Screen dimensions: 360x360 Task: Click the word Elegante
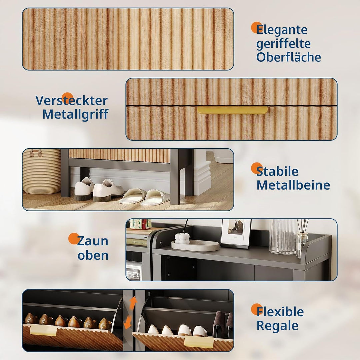[282, 30]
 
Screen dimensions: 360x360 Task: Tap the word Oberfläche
[289, 57]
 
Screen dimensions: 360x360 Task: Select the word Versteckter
[71, 100]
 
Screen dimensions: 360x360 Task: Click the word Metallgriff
[75, 114]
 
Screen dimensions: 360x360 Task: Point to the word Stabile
[277, 171]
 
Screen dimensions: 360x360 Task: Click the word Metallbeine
[293, 185]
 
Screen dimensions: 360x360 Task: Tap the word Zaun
[93, 241]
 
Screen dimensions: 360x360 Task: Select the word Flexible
[280, 312]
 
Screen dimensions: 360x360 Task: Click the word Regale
[277, 326]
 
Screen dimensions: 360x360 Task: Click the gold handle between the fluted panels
[232, 110]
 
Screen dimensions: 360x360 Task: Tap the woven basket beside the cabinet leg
[42, 171]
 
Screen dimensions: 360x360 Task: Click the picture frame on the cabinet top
[236, 233]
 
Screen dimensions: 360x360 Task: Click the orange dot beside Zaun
[74, 239]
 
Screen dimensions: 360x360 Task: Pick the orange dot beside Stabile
[256, 168]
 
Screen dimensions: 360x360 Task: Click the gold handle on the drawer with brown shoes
[43, 330]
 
